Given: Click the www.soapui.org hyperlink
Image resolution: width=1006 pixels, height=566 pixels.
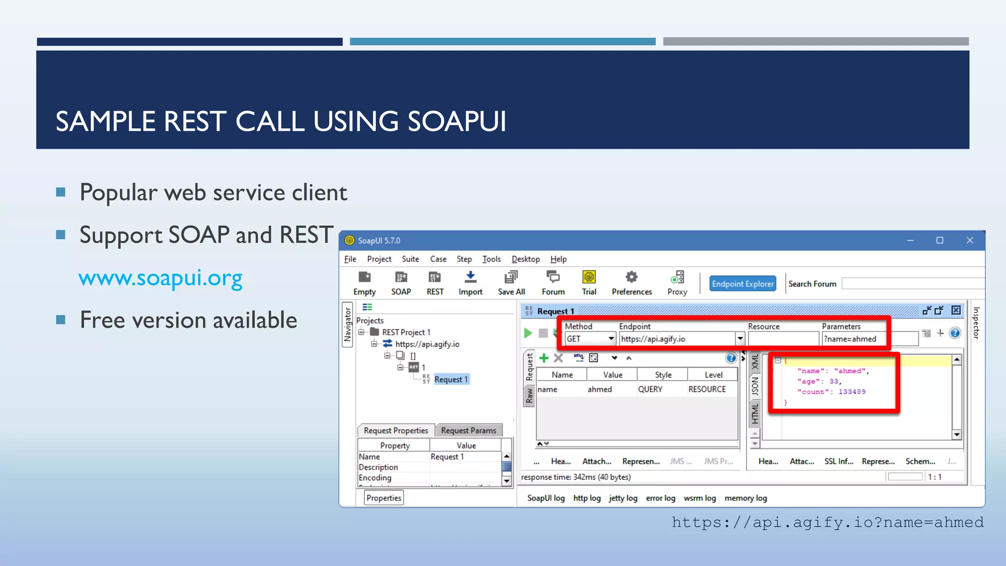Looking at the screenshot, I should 160,278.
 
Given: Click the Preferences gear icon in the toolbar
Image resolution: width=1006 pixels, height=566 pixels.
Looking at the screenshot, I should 631,278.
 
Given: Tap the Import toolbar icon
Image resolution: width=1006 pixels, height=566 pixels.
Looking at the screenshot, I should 470,278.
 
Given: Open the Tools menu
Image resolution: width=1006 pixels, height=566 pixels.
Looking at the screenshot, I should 491,259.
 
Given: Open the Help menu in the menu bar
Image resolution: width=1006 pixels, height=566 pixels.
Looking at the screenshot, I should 558,259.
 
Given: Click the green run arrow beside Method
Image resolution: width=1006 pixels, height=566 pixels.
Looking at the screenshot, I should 528,333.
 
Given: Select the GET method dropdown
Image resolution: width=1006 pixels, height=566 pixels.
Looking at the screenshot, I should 590,339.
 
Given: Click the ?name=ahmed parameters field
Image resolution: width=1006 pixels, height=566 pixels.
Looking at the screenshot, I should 854,339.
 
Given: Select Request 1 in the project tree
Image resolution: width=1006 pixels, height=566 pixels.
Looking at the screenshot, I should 450,379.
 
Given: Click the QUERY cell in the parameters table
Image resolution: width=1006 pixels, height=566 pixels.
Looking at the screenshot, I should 650,389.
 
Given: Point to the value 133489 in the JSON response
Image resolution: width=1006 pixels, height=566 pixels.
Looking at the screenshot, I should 852,392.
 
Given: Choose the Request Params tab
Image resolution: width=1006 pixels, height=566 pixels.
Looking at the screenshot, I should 468,430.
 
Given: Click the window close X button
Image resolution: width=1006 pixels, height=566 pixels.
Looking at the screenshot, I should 970,240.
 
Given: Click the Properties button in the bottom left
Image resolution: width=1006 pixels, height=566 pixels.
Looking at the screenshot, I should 384,498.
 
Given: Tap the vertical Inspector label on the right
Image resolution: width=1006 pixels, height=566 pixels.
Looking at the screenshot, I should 976,323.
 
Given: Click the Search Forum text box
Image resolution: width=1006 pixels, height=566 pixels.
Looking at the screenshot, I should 913,283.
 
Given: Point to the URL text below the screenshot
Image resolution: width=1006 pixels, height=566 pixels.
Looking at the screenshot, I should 828,522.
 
